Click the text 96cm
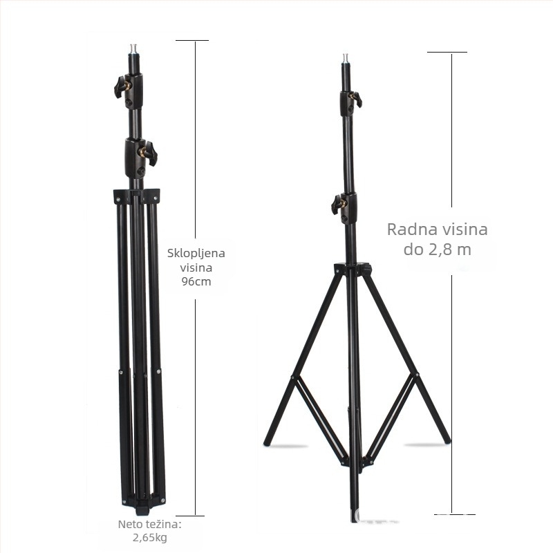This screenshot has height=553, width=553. [196, 282]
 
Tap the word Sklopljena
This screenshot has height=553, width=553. [196, 253]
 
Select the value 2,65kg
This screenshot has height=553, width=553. [150, 537]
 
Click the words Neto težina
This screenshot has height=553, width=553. [149, 524]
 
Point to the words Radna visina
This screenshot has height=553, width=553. [437, 229]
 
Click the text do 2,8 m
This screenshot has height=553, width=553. [437, 250]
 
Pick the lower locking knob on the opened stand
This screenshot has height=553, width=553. [339, 204]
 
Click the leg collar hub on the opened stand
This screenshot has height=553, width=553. [353, 269]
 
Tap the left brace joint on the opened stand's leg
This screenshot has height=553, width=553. [294, 379]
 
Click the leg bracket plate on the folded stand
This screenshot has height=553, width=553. [136, 196]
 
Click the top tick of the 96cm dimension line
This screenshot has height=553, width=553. [191, 41]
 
